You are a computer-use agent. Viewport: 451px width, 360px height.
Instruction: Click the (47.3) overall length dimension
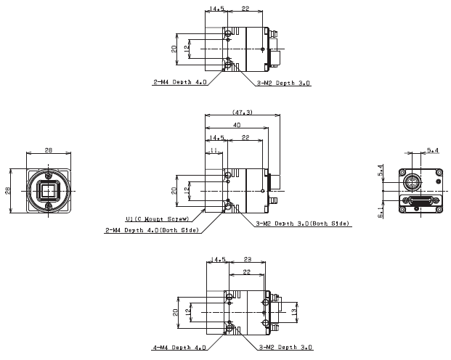[243, 112]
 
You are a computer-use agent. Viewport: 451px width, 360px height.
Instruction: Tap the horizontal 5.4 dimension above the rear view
[432, 150]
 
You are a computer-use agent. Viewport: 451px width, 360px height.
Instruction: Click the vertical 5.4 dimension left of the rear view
[381, 171]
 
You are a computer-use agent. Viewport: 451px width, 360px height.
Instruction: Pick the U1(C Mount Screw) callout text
[158, 218]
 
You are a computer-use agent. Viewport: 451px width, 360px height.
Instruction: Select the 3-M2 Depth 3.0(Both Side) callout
[303, 224]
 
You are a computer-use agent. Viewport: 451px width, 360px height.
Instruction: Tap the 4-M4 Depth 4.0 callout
[179, 348]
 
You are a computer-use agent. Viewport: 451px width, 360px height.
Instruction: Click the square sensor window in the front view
[49, 192]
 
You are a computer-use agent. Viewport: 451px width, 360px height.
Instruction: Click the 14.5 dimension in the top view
[216, 9]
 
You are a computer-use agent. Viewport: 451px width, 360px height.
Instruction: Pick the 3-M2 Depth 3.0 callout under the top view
[284, 83]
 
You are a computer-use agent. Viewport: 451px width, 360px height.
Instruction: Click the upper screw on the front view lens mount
[49, 175]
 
